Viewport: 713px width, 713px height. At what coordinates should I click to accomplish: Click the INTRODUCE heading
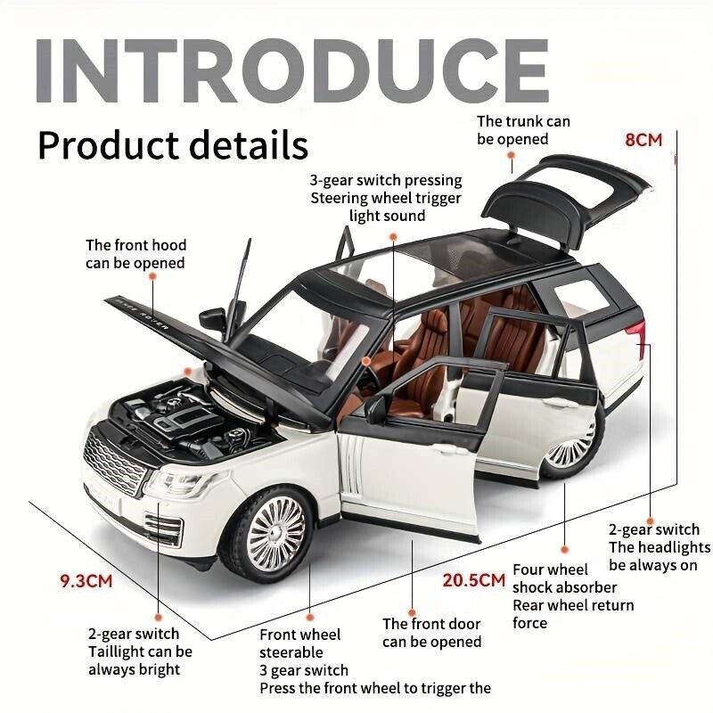point(292,70)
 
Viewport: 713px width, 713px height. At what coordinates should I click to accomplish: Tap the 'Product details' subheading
point(173,145)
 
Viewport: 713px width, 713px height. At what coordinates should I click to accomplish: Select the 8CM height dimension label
point(643,140)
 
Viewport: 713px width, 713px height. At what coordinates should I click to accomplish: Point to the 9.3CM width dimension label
point(86,581)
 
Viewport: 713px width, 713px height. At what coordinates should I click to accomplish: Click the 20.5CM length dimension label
point(474,580)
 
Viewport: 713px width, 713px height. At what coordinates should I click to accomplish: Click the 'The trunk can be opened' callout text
point(523,130)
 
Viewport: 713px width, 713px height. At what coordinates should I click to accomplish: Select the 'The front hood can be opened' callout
point(136,254)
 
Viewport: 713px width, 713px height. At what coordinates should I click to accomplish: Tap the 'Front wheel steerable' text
point(299,643)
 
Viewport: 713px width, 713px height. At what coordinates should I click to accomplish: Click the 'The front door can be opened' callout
point(431,633)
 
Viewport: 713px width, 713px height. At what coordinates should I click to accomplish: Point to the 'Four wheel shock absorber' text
point(564,578)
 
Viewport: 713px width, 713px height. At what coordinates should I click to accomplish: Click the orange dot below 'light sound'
point(393,236)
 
